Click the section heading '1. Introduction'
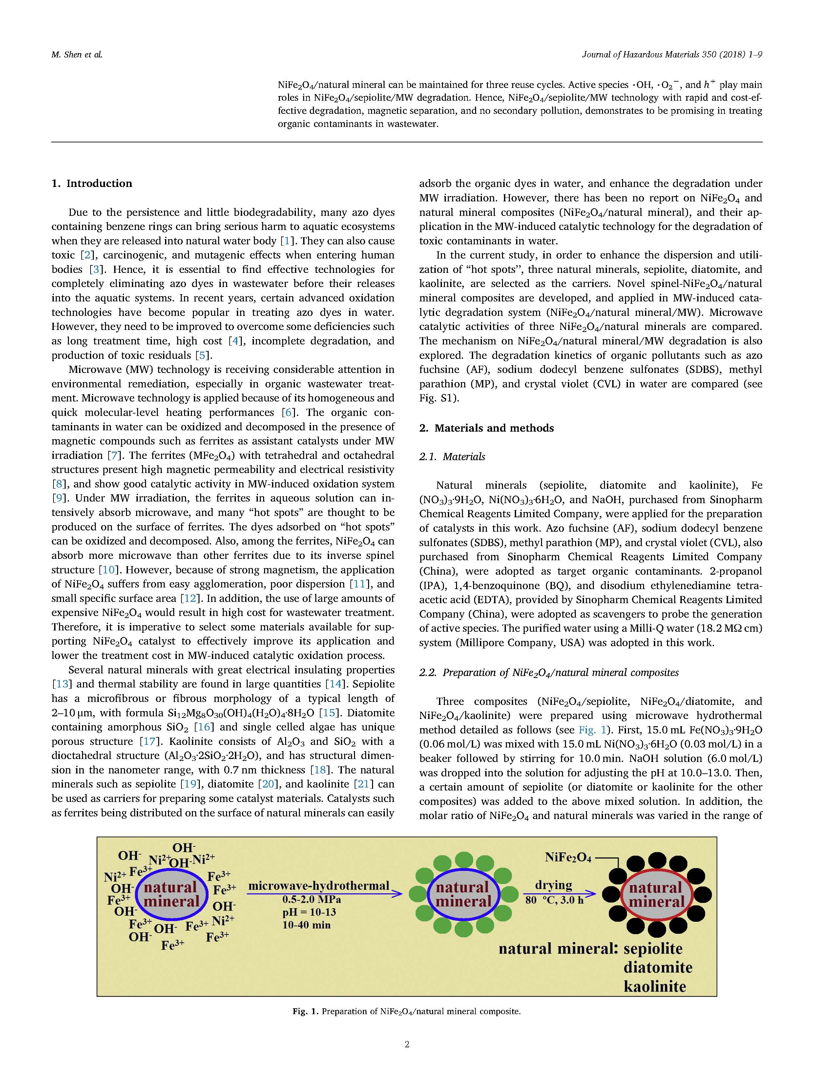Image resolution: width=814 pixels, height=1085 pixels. point(92,183)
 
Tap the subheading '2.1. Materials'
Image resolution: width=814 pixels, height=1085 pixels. point(452,457)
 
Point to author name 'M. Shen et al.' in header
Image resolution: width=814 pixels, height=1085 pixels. point(77,54)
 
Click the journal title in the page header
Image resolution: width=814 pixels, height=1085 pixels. point(672,54)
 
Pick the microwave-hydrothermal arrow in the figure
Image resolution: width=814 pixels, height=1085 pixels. point(324,894)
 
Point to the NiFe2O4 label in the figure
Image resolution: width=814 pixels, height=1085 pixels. point(568,857)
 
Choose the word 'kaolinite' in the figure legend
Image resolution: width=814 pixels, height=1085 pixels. point(655,986)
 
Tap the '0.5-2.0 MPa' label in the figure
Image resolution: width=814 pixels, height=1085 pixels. point(311,900)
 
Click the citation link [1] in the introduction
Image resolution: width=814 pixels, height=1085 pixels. point(285,241)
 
